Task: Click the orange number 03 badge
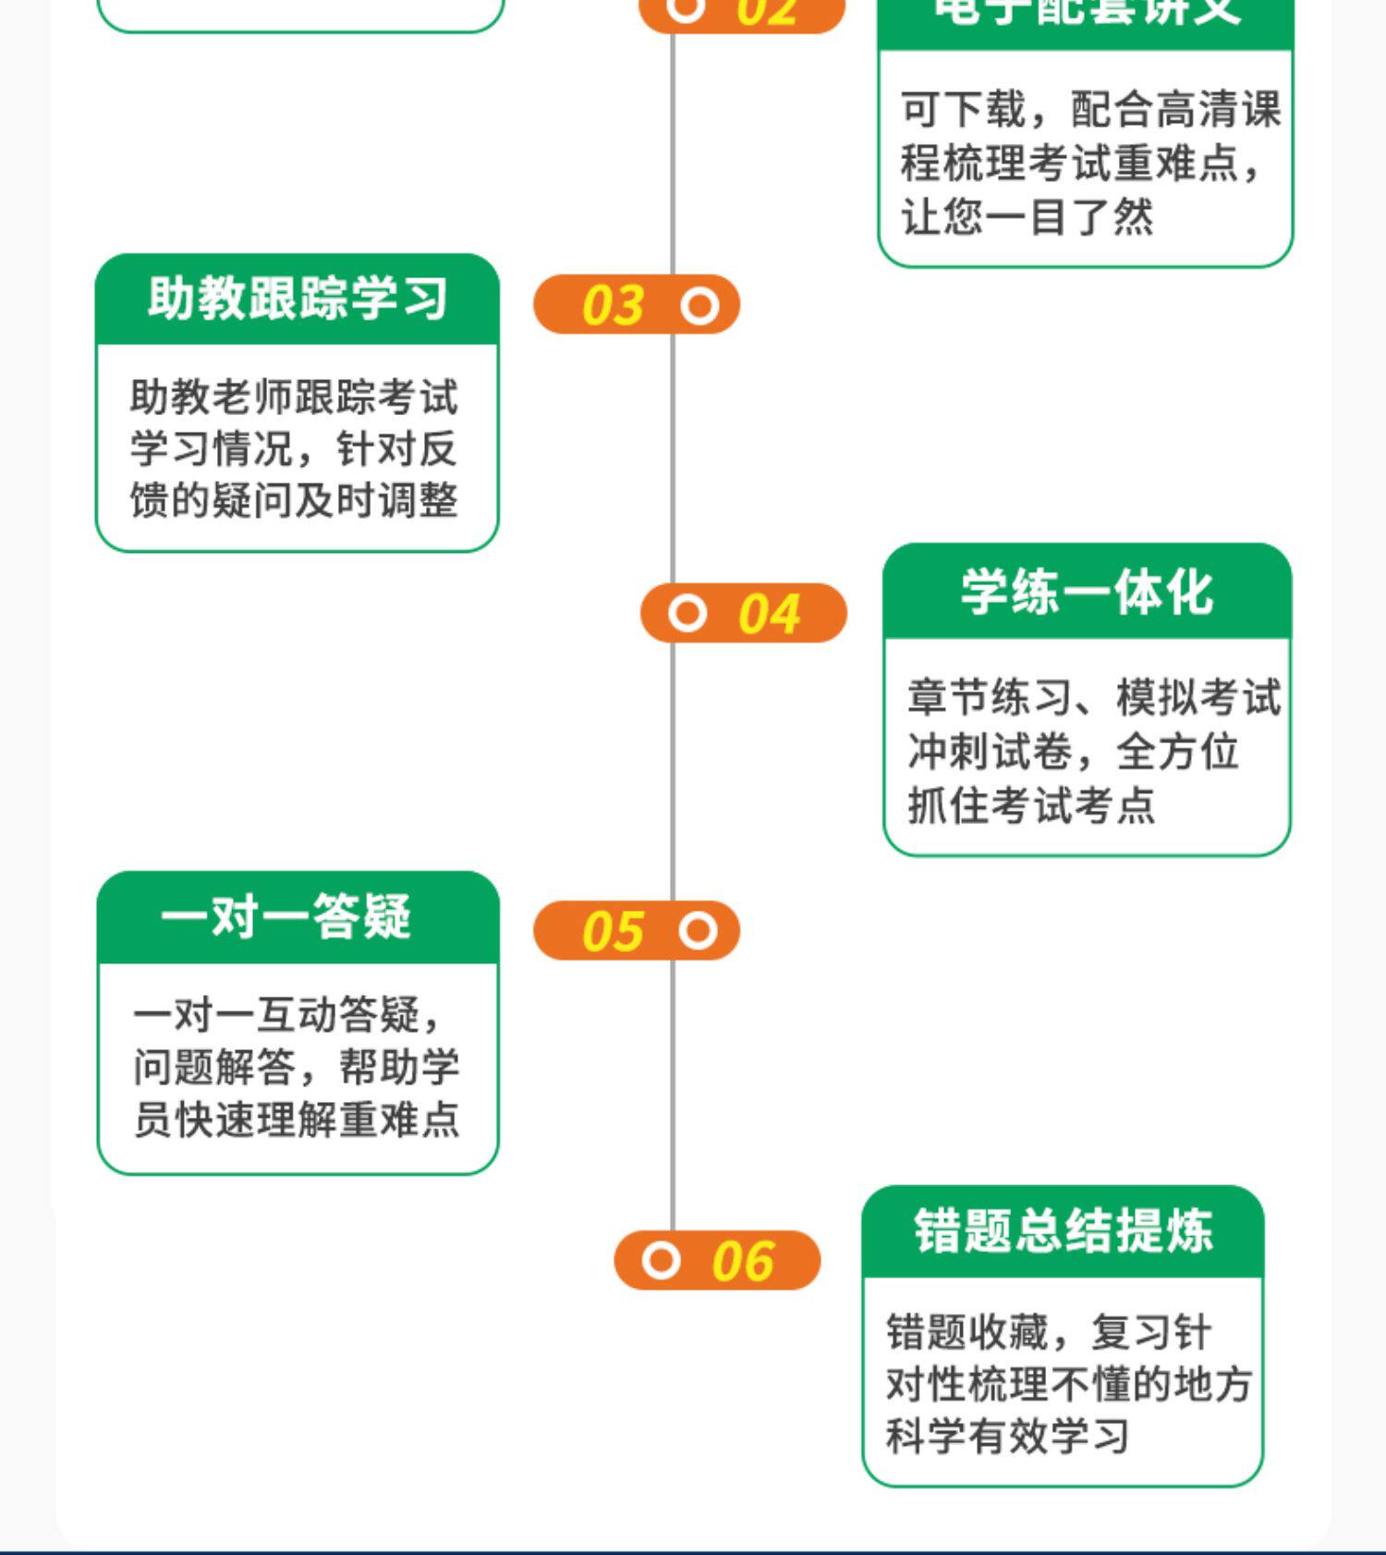[637, 305]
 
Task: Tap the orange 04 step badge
[744, 613]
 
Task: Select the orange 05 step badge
[637, 931]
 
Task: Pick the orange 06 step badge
[717, 1260]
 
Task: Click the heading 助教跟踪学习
[298, 299]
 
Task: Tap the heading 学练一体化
[1087, 592]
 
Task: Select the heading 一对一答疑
[286, 917]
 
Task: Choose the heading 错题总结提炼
[1063, 1231]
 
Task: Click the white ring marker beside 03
[699, 306]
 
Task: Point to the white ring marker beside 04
[687, 613]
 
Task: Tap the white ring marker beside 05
[699, 931]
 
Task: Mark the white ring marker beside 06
[661, 1260]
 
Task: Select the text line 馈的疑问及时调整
[294, 501]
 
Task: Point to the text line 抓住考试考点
[1031, 805]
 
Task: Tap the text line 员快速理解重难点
[297, 1120]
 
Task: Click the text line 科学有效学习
[1007, 1436]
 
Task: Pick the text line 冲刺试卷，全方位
[1072, 752]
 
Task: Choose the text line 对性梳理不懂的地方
[1068, 1384]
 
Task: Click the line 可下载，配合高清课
[1090, 110]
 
